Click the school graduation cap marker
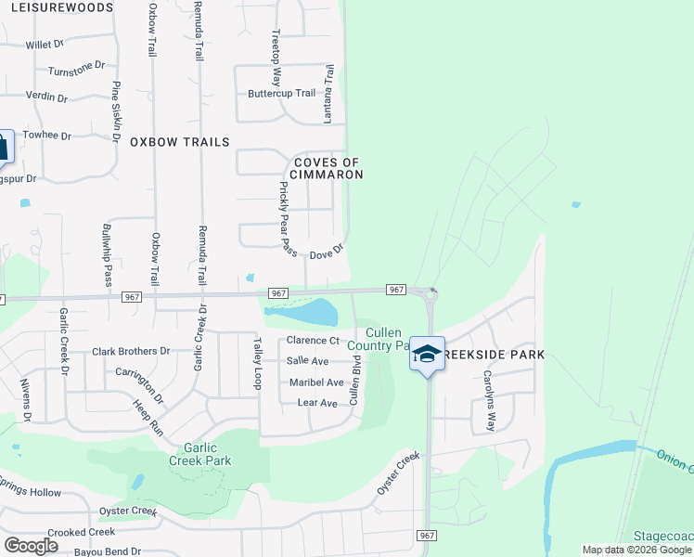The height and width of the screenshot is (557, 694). click(427, 354)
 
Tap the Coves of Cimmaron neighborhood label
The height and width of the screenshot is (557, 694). click(328, 168)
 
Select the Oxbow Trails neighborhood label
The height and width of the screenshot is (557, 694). click(179, 142)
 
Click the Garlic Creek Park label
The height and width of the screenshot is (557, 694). click(199, 454)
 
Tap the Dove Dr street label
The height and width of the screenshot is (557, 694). click(327, 253)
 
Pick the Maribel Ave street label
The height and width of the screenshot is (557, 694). click(316, 382)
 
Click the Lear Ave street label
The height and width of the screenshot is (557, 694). click(317, 403)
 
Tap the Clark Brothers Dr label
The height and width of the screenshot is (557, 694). click(131, 352)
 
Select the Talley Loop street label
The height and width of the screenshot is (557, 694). click(257, 363)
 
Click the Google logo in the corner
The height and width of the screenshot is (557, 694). click(31, 545)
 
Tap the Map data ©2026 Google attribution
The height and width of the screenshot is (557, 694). click(636, 550)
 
